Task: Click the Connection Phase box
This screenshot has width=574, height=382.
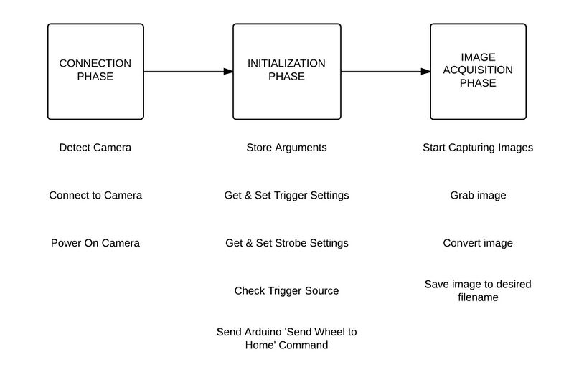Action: click(95, 71)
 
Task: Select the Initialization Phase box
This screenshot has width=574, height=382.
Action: click(286, 71)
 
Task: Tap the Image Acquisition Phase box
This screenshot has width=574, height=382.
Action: click(478, 71)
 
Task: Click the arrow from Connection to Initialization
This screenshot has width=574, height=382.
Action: click(188, 71)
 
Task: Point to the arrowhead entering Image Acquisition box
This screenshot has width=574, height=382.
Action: click(425, 71)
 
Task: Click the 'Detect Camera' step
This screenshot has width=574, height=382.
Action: click(95, 148)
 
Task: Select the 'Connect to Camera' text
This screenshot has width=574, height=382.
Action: click(95, 195)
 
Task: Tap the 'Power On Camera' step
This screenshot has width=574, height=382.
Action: click(95, 243)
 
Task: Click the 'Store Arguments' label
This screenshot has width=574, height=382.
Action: click(286, 148)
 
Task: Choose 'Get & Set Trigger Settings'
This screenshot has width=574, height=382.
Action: click(286, 195)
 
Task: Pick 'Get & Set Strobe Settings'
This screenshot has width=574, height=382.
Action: click(286, 243)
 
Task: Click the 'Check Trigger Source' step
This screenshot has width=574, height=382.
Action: click(286, 291)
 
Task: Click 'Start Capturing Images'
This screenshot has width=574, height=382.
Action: click(478, 148)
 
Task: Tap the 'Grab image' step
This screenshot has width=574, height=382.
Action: click(478, 195)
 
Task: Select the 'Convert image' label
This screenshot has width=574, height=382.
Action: click(478, 243)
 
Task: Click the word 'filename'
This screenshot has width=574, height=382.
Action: click(478, 297)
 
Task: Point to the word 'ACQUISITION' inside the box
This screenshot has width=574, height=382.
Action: click(478, 70)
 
